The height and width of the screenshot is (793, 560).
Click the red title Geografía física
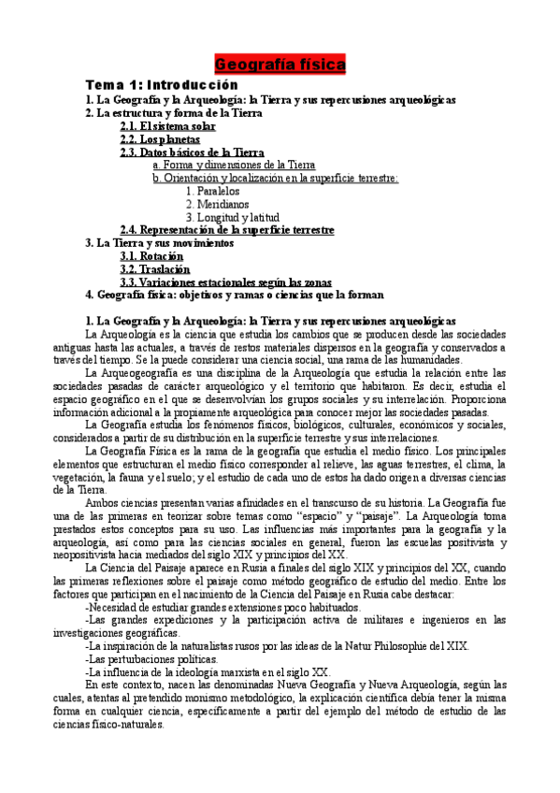coord(280,65)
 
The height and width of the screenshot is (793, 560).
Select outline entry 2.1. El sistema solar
coord(167,125)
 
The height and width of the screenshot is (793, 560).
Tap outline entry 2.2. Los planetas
coord(160,138)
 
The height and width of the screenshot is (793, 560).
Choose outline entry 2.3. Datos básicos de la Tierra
coord(192,151)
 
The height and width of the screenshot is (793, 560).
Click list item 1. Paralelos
coord(212,191)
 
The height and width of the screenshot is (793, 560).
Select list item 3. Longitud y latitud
coord(232,217)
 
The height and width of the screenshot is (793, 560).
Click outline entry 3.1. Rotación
coord(151,255)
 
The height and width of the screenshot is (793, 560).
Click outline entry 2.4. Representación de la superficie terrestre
coord(227,230)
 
